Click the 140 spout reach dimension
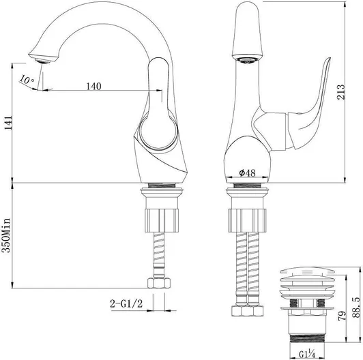93,87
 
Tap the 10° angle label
27,79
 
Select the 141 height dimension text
8,123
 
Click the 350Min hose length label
6,235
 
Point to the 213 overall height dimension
340,92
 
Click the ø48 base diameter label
247,172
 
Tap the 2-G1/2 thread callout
126,303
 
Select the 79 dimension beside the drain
342,316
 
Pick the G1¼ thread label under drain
307,354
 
